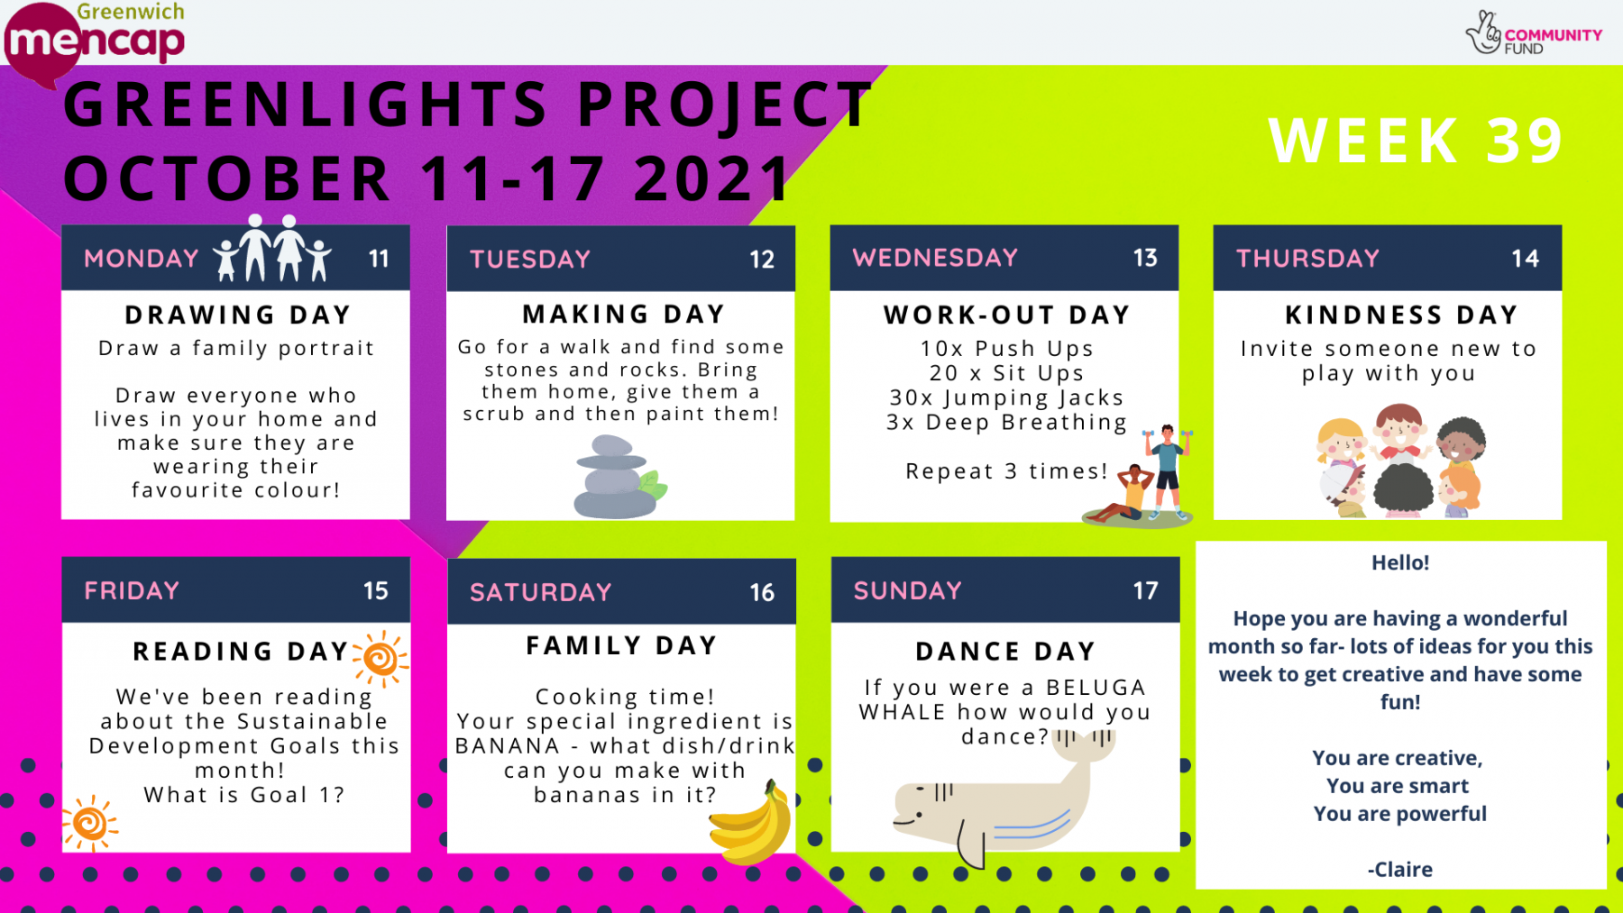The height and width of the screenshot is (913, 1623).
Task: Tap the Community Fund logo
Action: pos(1534,33)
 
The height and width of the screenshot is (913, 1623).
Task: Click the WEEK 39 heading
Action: pos(1416,141)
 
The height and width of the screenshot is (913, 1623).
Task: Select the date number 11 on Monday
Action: pos(379,259)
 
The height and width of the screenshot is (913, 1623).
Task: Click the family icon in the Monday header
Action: pos(272,249)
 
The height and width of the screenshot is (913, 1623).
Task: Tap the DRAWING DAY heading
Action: pos(237,315)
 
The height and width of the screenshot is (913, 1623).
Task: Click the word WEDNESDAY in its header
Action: pos(935,258)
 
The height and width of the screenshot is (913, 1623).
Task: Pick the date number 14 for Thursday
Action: pos(1525,259)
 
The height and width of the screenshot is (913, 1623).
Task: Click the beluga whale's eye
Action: pos(920,790)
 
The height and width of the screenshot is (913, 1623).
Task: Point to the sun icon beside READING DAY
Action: pos(380,659)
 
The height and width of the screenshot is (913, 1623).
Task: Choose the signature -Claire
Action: pos(1399,870)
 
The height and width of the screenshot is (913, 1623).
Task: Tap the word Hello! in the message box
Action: pos(1400,562)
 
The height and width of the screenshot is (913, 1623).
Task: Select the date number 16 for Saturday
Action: pos(762,592)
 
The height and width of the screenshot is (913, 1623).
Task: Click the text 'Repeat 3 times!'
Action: pos(1006,471)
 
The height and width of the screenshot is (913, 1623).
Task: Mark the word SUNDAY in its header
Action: pos(907,590)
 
